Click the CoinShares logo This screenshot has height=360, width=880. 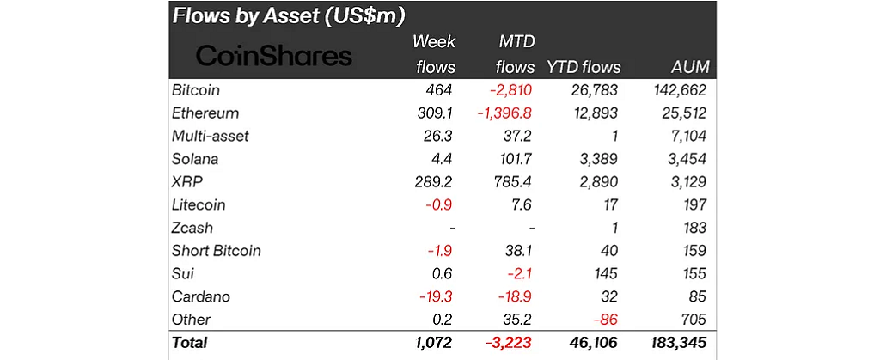(274, 56)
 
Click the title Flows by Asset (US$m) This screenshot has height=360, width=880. (289, 15)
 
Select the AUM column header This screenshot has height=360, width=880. (689, 67)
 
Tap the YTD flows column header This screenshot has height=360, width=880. (584, 67)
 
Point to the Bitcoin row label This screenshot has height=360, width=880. (196, 90)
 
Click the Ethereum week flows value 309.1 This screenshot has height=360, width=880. (435, 113)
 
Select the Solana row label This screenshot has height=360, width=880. (195, 159)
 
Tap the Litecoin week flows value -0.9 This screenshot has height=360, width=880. (441, 205)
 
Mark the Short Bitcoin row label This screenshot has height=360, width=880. (217, 251)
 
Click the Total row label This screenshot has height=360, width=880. (190, 343)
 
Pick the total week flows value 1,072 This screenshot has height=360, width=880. (432, 343)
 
